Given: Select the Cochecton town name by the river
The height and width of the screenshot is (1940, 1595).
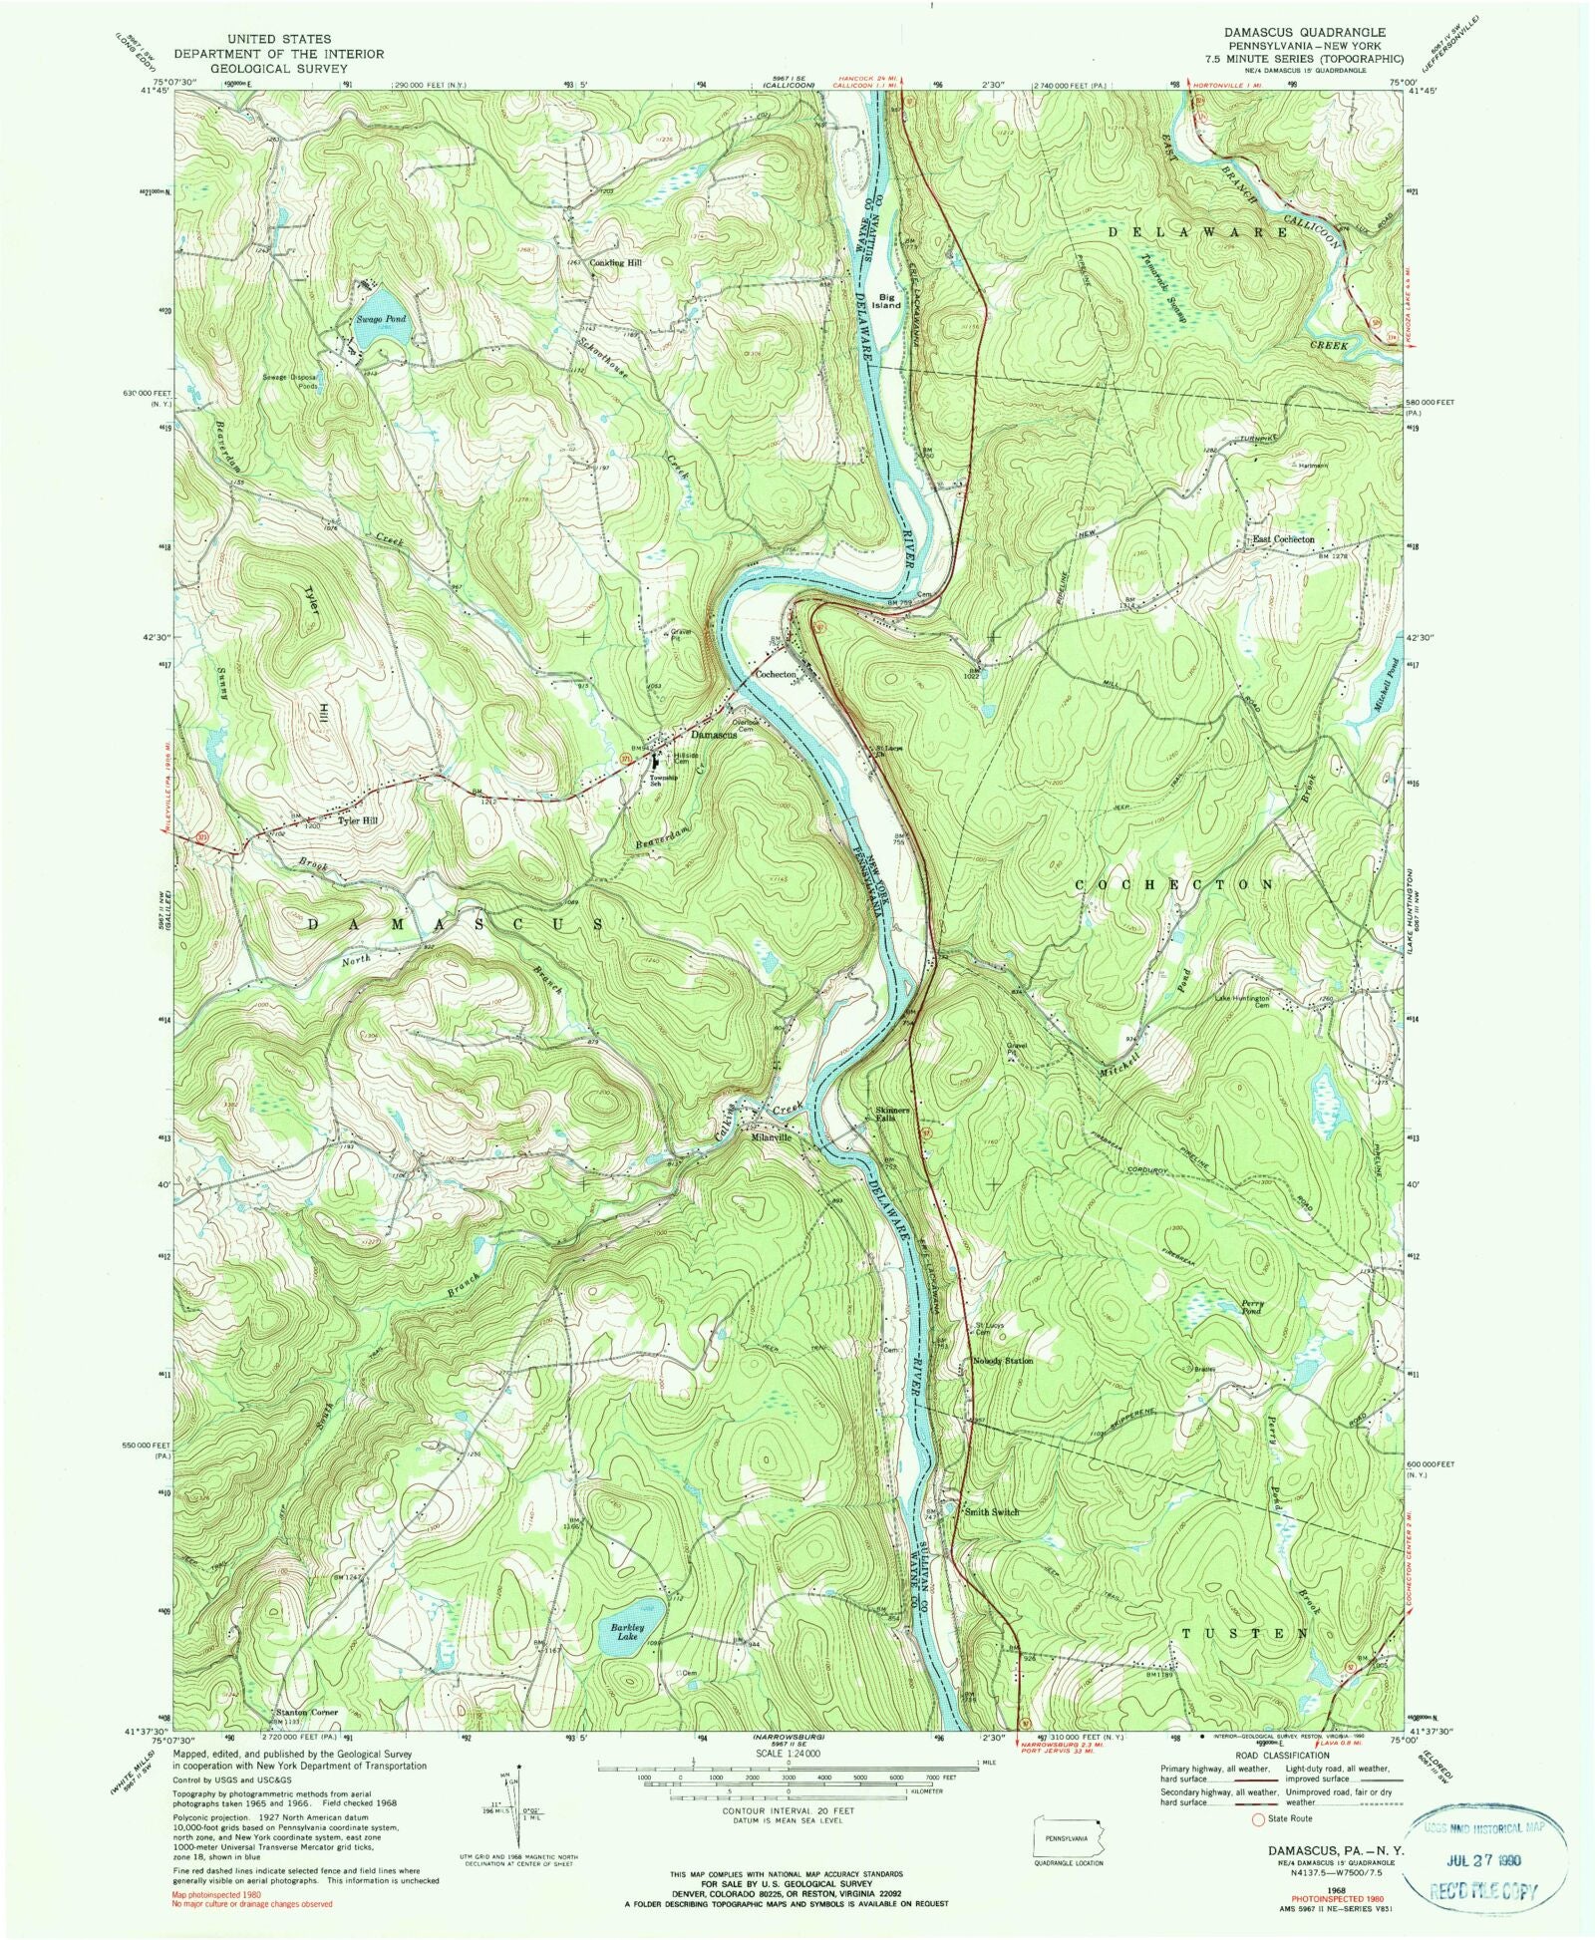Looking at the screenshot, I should click(777, 675).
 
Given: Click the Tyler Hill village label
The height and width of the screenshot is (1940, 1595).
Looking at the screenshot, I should click(358, 820).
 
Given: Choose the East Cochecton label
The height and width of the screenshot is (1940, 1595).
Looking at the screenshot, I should click(1284, 539).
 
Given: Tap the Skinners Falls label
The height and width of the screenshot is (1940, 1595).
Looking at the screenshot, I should click(892, 1115).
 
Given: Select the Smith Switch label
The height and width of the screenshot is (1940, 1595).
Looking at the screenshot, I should click(991, 1512).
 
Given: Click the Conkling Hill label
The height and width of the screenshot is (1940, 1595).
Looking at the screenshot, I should click(616, 263).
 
